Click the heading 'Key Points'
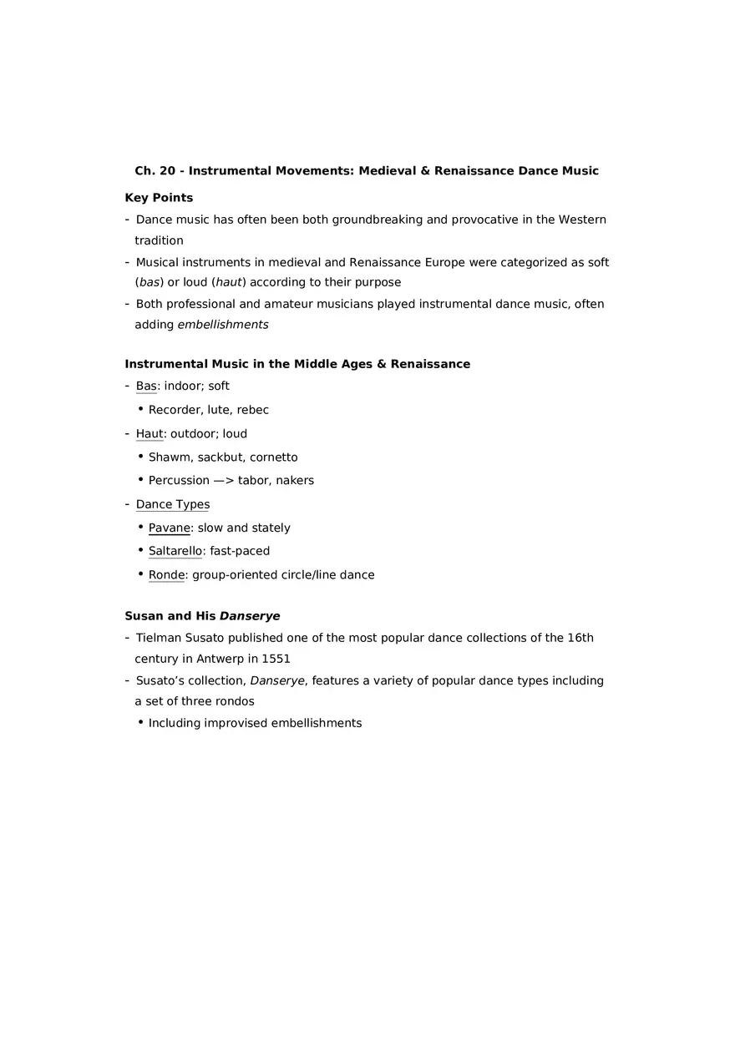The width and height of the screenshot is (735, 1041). [159, 198]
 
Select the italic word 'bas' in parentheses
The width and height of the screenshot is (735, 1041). [150, 282]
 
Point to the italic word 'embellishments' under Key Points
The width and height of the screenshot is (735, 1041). [223, 325]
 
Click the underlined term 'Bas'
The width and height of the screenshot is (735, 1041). [146, 386]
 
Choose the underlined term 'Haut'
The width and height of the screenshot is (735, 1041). [149, 434]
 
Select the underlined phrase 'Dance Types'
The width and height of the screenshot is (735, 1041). [173, 504]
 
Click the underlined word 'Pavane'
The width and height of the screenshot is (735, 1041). [169, 528]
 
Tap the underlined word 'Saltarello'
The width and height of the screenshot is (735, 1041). [175, 551]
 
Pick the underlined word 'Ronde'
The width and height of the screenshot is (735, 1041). [166, 574]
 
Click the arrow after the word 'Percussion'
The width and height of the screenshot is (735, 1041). [224, 481]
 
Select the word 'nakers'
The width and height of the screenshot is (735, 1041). [294, 481]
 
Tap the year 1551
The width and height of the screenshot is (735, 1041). [276, 659]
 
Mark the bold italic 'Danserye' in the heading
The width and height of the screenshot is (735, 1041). [250, 616]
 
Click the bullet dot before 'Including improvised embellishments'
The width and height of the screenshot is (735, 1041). [140, 722]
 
